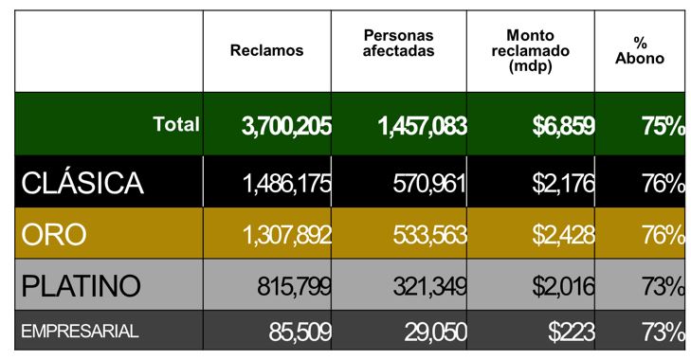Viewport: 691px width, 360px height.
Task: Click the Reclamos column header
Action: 266,50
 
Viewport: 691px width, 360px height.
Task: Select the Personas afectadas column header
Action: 398,43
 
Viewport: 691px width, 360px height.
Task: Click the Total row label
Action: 176,124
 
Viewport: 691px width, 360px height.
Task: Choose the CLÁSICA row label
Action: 82,183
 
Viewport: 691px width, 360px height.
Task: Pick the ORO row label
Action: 53,234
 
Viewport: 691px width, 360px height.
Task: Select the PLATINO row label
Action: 81,285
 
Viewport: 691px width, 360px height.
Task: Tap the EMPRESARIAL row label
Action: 80,332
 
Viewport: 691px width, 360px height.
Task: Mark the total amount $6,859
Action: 556,126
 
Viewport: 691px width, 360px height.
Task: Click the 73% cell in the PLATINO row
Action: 663,286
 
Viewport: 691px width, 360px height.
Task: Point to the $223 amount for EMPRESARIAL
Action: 571,332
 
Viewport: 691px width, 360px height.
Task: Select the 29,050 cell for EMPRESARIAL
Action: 434,332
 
